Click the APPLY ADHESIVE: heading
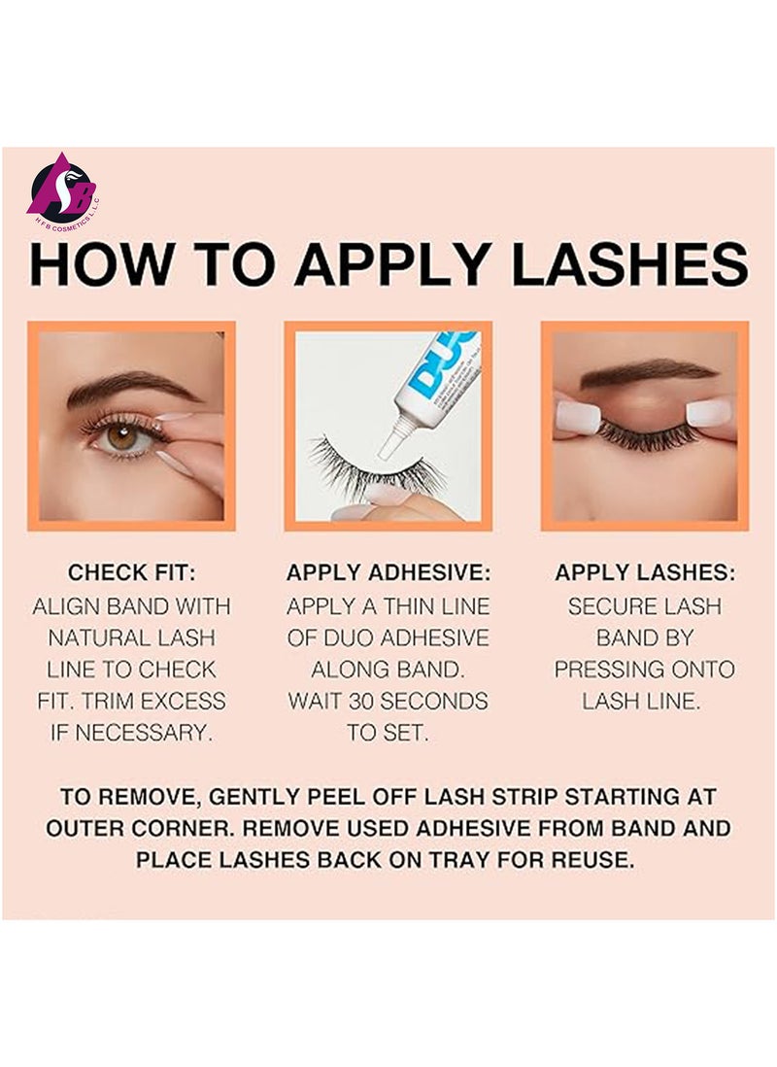pyautogui.click(x=388, y=573)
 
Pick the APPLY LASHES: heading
pyautogui.click(x=645, y=573)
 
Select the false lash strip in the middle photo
pyautogui.click(x=374, y=470)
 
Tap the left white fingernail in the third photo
pyautogui.click(x=579, y=417)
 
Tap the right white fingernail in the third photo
pyautogui.click(x=709, y=413)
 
